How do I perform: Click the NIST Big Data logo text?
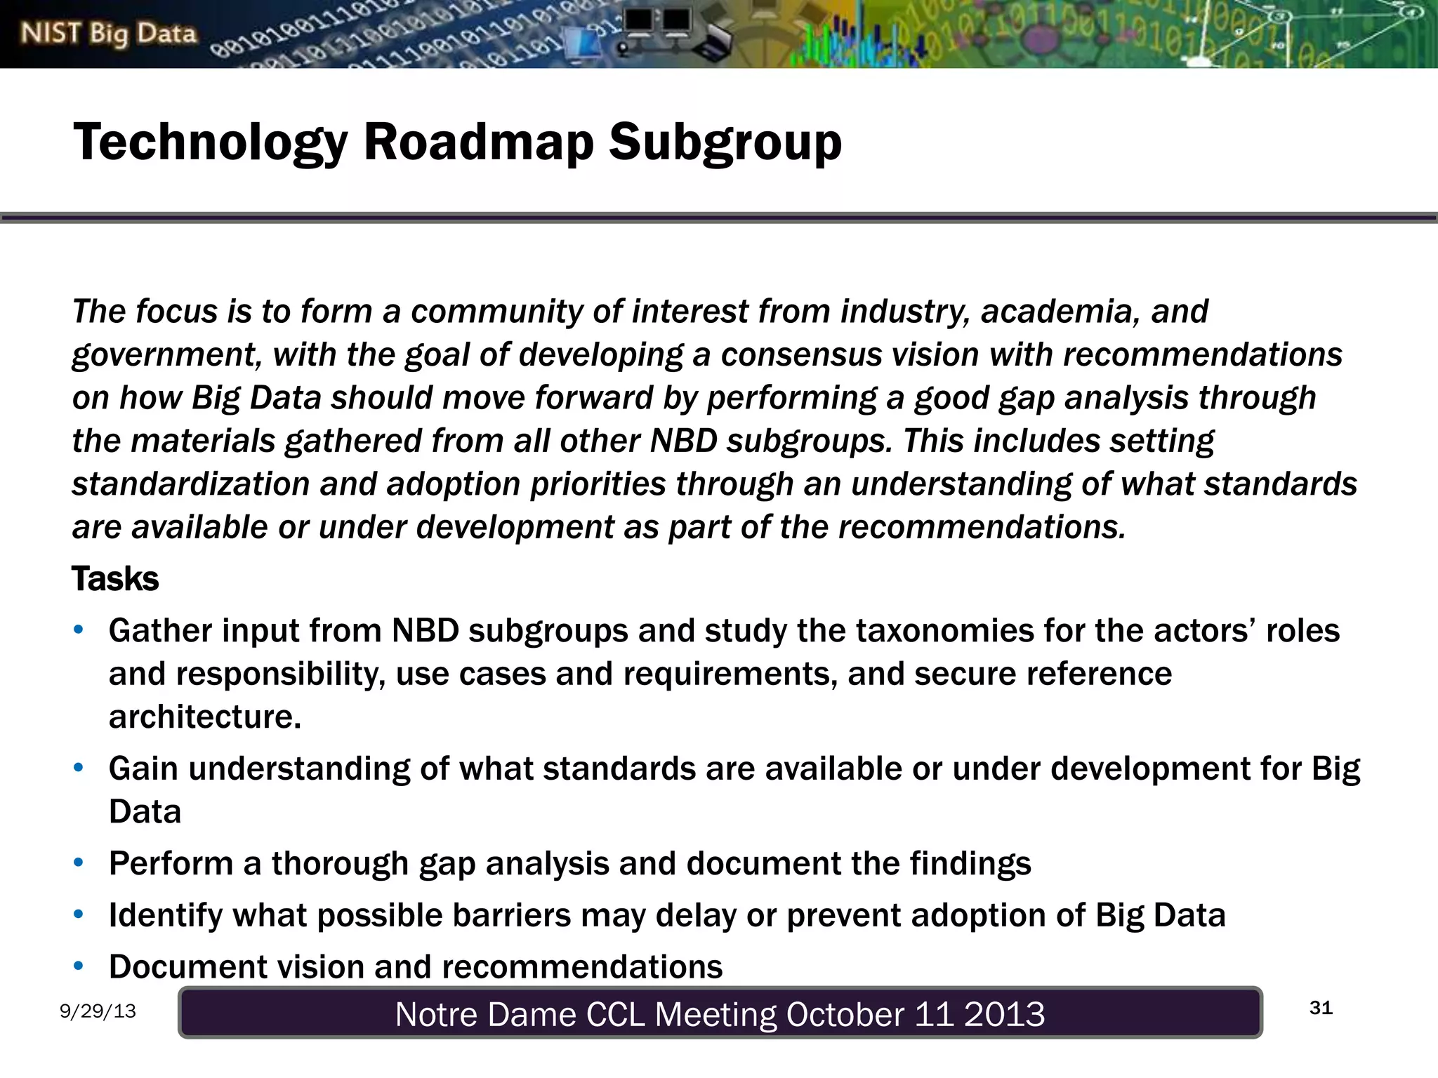coord(108,34)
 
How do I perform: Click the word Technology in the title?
coord(211,142)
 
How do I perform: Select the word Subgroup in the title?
coord(725,142)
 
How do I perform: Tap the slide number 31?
coord(1321,1008)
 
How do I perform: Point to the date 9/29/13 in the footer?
coord(98,1011)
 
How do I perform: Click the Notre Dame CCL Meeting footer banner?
coord(720,1013)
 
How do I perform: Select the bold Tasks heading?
coord(115,579)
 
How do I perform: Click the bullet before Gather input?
coord(79,630)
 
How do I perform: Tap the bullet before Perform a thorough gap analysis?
coord(79,863)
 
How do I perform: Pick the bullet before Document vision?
coord(79,966)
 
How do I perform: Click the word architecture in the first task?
coord(204,717)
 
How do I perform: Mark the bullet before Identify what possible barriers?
coord(79,914)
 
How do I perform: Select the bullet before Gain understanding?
coord(79,768)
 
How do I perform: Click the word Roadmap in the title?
coord(478,142)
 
